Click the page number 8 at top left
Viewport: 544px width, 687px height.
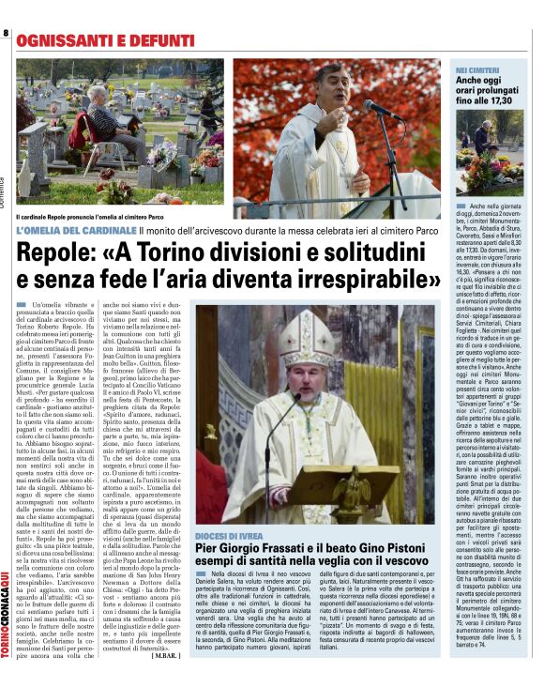pos(6,34)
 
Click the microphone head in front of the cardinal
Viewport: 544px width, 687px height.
pos(369,108)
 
